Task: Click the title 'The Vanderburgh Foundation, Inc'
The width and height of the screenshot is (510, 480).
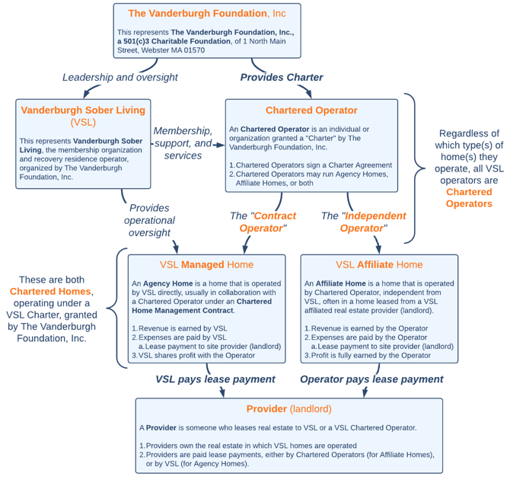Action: coord(207,14)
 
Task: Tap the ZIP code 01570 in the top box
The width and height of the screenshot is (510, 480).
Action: coord(194,50)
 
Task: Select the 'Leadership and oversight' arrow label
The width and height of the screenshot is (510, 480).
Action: coord(120,77)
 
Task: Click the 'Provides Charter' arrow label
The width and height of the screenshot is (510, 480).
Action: coord(282,77)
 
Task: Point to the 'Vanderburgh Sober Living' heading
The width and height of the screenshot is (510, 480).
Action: coord(83,110)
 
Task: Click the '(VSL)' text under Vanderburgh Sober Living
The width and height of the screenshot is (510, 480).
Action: coord(83,122)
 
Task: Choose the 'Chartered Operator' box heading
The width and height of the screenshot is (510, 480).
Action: coord(311,110)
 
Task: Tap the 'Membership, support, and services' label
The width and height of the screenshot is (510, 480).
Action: coord(183,143)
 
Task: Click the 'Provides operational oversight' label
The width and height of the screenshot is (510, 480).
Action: coord(149,220)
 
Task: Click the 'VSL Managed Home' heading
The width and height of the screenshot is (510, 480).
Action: coord(206,264)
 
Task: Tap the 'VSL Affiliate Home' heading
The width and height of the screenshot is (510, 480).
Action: coord(379,264)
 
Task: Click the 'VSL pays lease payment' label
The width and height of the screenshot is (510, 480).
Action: coord(215,379)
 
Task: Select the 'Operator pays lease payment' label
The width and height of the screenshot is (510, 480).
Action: coord(371,379)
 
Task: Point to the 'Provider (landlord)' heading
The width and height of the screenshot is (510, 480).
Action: coord(288,408)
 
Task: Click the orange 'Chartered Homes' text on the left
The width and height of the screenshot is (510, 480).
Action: coord(50,291)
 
